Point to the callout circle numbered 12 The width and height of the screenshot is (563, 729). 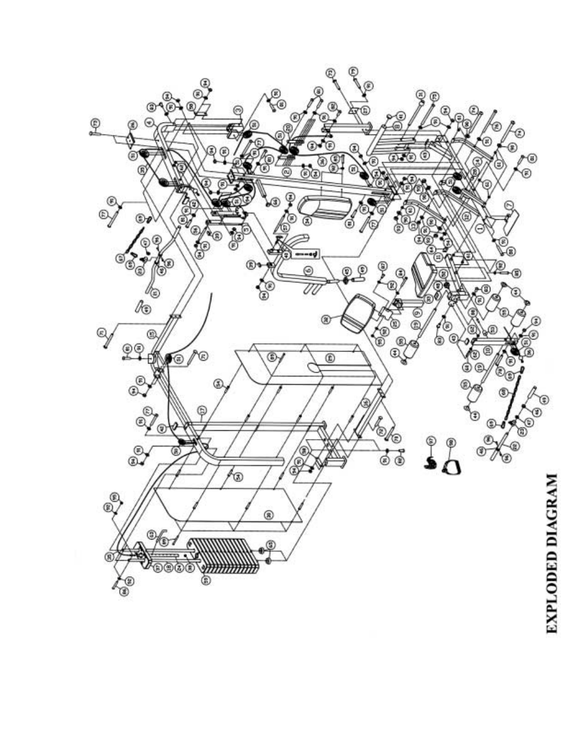pyautogui.click(x=467, y=217)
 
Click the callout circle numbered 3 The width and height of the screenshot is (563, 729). pyautogui.click(x=238, y=110)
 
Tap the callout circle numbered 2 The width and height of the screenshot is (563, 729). pyautogui.click(x=286, y=171)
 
